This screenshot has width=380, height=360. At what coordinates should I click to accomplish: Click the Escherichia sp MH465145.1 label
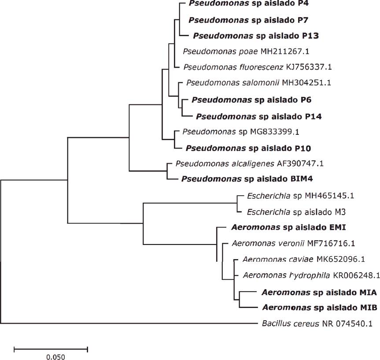(289, 195)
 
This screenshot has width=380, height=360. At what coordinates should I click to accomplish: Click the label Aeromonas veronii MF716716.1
(290, 243)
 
